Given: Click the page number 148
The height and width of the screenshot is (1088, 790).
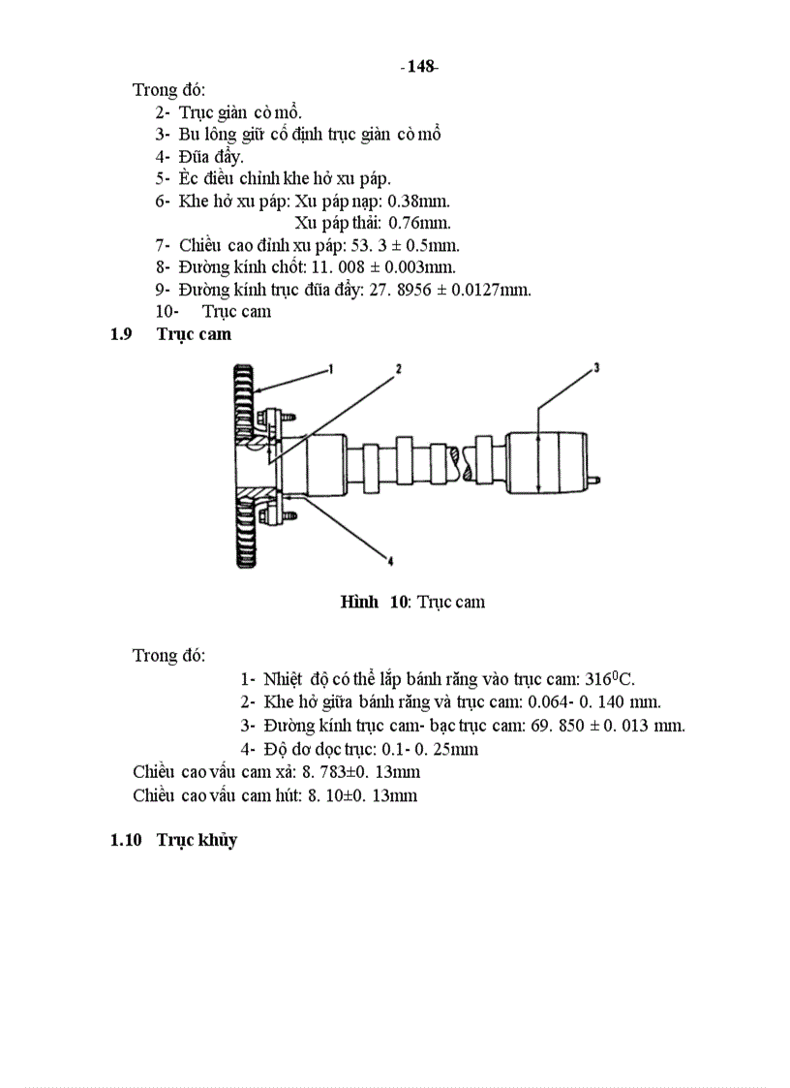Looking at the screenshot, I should [419, 67].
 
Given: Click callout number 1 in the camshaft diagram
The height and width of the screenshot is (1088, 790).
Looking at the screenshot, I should [329, 368].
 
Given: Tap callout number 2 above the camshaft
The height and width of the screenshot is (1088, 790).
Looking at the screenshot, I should [397, 369].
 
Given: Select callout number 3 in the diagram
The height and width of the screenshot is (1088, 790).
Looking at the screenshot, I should [596, 367].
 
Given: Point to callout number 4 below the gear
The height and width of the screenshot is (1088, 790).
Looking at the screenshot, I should [389, 559].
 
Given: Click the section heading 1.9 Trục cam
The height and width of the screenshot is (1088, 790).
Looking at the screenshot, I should [171, 334].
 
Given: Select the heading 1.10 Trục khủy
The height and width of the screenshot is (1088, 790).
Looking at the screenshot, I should [174, 840].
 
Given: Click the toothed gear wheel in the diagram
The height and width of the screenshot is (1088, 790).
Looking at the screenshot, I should [244, 465].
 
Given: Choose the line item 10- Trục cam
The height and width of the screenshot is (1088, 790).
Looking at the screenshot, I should [213, 311].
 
